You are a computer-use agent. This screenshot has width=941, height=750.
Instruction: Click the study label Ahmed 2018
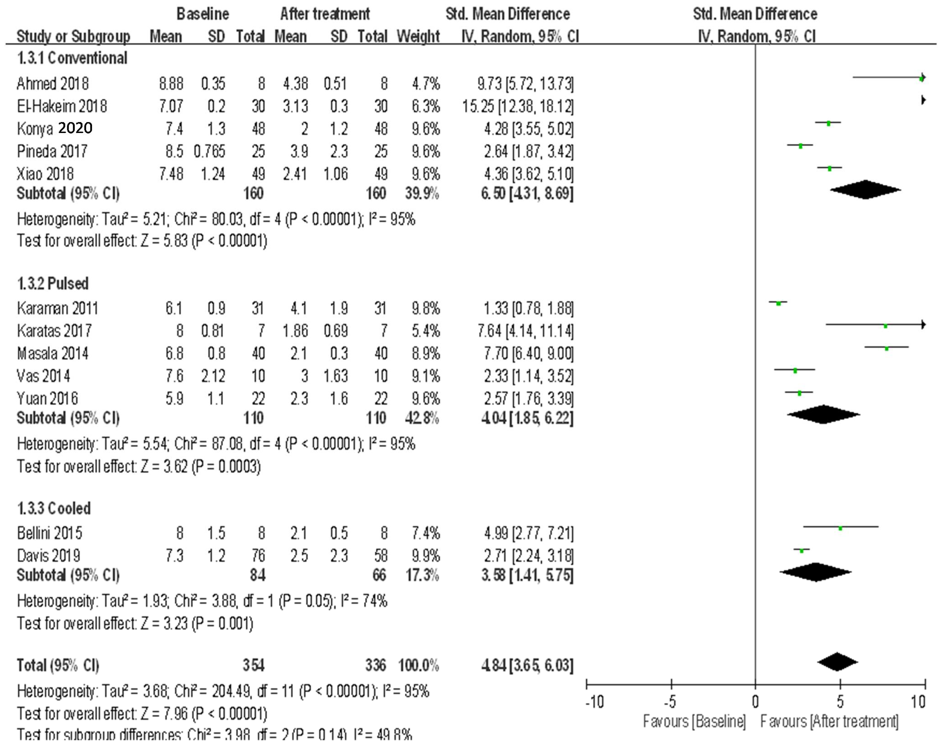pyautogui.click(x=52, y=83)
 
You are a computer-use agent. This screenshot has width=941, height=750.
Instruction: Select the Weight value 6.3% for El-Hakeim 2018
pyautogui.click(x=426, y=106)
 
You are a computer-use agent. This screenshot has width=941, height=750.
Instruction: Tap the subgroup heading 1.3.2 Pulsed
pyautogui.click(x=53, y=284)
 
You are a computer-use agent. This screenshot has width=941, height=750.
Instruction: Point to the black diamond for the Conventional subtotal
pyautogui.click(x=865, y=190)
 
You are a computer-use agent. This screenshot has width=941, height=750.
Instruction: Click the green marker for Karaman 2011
pyautogui.click(x=778, y=303)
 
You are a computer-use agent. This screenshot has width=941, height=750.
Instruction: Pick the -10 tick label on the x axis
pyautogui.click(x=595, y=702)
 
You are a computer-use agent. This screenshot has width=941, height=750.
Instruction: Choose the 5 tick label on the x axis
pyautogui.click(x=840, y=702)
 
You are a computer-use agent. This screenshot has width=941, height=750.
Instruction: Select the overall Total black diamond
pyautogui.click(x=837, y=662)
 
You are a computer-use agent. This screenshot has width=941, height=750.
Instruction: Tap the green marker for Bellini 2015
pyautogui.click(x=840, y=528)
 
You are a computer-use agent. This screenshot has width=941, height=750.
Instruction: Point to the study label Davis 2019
pyautogui.click(x=48, y=556)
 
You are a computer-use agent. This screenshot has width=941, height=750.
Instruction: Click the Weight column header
pyautogui.click(x=418, y=36)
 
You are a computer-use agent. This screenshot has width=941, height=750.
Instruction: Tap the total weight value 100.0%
pyautogui.click(x=418, y=665)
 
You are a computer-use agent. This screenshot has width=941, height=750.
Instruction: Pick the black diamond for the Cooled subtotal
pyautogui.click(x=815, y=572)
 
